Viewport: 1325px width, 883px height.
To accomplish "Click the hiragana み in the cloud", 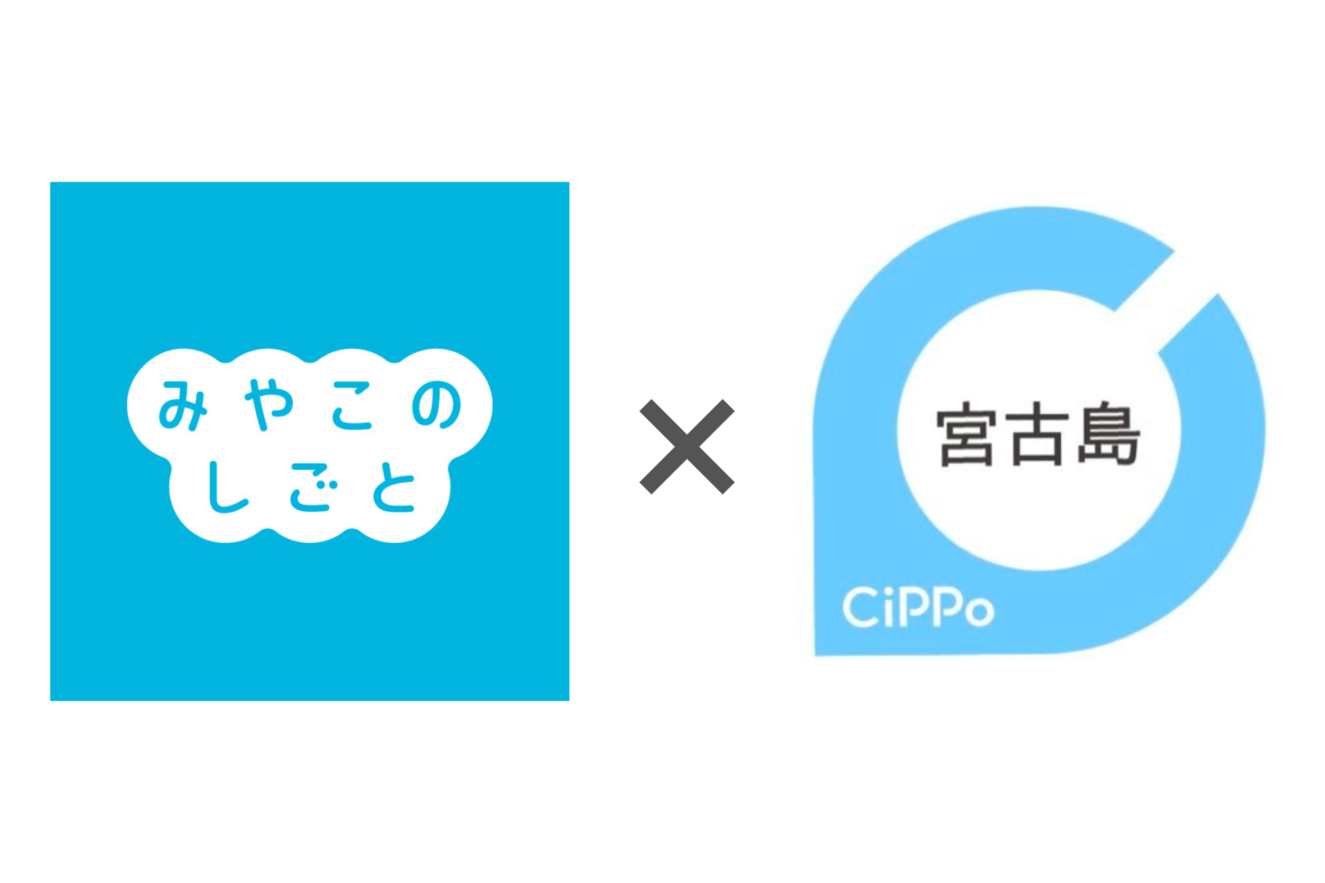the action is point(182,406).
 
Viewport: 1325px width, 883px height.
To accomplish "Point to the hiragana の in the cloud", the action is point(436,406).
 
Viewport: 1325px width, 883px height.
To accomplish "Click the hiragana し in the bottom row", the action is point(225,487).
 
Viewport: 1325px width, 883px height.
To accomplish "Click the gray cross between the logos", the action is point(687,446).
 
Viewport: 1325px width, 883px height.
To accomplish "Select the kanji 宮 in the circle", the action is point(967,437).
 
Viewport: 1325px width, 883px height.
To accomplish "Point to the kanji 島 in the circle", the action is point(1108,435).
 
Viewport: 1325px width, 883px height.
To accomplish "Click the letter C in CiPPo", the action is point(860,608).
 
